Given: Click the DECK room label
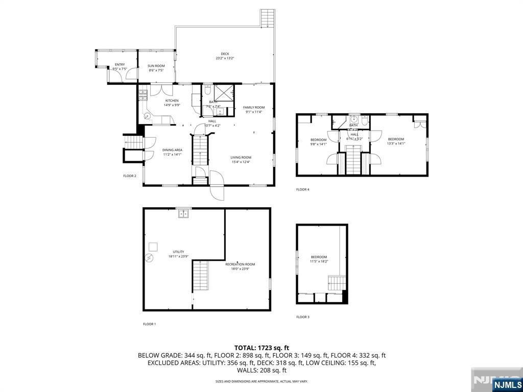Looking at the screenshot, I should [x=225, y=54].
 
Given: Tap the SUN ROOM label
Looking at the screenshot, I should [x=156, y=66].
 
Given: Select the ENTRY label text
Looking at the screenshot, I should [x=120, y=64].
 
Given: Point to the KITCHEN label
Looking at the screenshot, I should [x=172, y=101].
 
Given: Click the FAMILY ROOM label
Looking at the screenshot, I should [x=253, y=107].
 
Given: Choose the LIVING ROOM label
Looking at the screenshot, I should [x=241, y=157].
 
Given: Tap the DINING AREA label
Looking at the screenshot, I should [x=173, y=150].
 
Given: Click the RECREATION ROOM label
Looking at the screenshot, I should [x=240, y=264].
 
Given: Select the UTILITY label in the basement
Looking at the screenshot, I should [x=178, y=252].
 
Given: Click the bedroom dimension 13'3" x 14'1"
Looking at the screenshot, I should [x=396, y=144].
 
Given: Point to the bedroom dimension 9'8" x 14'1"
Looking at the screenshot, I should [x=318, y=144].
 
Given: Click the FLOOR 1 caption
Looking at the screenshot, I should [x=149, y=324].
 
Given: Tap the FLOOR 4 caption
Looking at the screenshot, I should [x=303, y=189].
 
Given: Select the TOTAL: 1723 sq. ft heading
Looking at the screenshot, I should [x=261, y=347].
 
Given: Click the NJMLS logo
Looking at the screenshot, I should [x=507, y=384].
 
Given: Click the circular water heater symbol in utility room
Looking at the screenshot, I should [x=150, y=258].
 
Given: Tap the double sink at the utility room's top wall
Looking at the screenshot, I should [x=183, y=214].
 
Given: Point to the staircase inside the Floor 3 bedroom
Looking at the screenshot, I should [x=337, y=282].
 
